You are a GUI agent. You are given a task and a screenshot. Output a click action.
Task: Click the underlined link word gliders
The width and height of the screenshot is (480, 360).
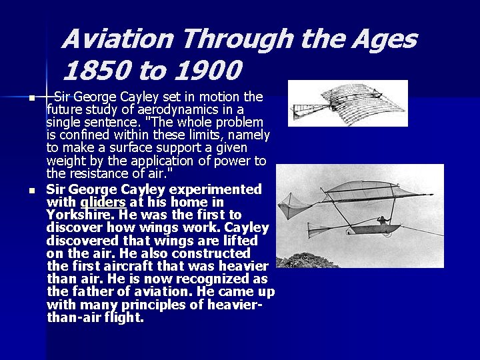[x=103, y=202]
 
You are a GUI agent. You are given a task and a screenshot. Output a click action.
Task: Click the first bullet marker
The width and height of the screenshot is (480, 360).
[x=31, y=99]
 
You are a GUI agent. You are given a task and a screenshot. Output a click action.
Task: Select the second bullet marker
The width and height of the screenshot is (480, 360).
[x=31, y=191]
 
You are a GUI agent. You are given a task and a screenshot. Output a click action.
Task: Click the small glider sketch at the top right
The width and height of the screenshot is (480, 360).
[x=348, y=103]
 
